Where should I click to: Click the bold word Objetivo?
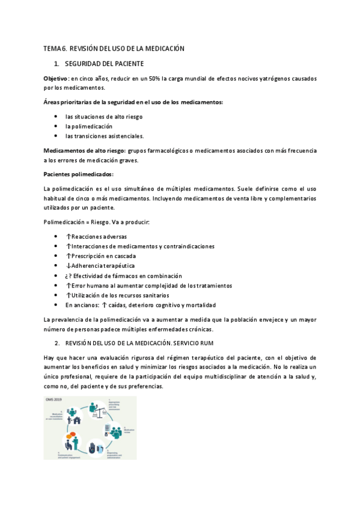click(x=56, y=79)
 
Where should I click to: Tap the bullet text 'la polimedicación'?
click(x=89, y=126)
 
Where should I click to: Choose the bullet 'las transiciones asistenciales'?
click(x=105, y=136)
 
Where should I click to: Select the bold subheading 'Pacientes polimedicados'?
click(x=78, y=174)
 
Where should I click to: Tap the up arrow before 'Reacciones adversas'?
click(x=69, y=237)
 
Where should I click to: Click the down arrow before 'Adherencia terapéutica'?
click(x=69, y=266)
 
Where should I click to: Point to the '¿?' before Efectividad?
click(x=70, y=275)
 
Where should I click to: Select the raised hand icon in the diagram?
click(x=92, y=449)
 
